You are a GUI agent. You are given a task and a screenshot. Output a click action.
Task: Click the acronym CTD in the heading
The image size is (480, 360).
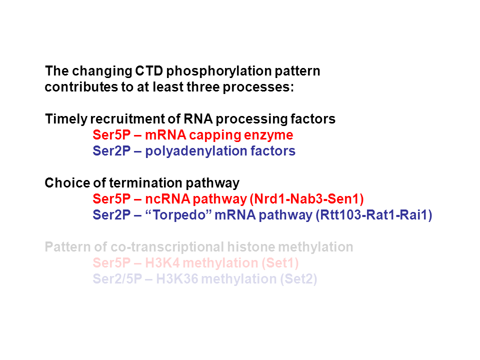point(149,71)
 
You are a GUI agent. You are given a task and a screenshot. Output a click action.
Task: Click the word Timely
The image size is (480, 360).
point(66,119)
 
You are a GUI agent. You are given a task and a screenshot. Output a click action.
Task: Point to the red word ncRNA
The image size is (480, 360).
point(168,198)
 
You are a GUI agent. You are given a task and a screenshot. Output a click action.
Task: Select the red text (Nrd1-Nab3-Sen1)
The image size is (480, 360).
point(306,199)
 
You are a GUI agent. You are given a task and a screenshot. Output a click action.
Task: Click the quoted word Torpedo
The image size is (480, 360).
point(179,215)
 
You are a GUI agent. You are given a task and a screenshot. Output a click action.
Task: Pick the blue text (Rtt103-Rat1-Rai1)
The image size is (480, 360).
point(374,215)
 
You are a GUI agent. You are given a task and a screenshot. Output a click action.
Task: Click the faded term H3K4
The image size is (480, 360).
point(162,262)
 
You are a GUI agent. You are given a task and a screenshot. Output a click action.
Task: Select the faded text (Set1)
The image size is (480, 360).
point(280,263)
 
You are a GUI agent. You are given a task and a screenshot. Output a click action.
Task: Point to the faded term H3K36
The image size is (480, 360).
point(177,278)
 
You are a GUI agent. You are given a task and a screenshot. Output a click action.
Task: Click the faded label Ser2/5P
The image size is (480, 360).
point(117,278)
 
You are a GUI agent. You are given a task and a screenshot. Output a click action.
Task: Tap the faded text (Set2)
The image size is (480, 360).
point(298,279)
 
